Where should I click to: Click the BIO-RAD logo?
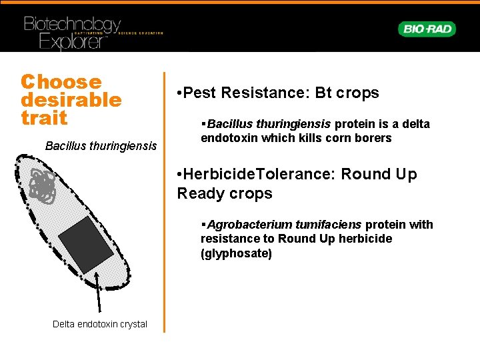(427, 29)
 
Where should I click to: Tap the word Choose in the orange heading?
(61, 82)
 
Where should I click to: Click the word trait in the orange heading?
(44, 118)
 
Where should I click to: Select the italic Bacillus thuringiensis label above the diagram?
(101, 145)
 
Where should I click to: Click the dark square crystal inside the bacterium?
(86, 244)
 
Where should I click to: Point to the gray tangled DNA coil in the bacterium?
(43, 185)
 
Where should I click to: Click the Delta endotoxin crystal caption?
(100, 324)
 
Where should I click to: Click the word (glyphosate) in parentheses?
(237, 253)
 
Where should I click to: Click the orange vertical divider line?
(165, 200)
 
